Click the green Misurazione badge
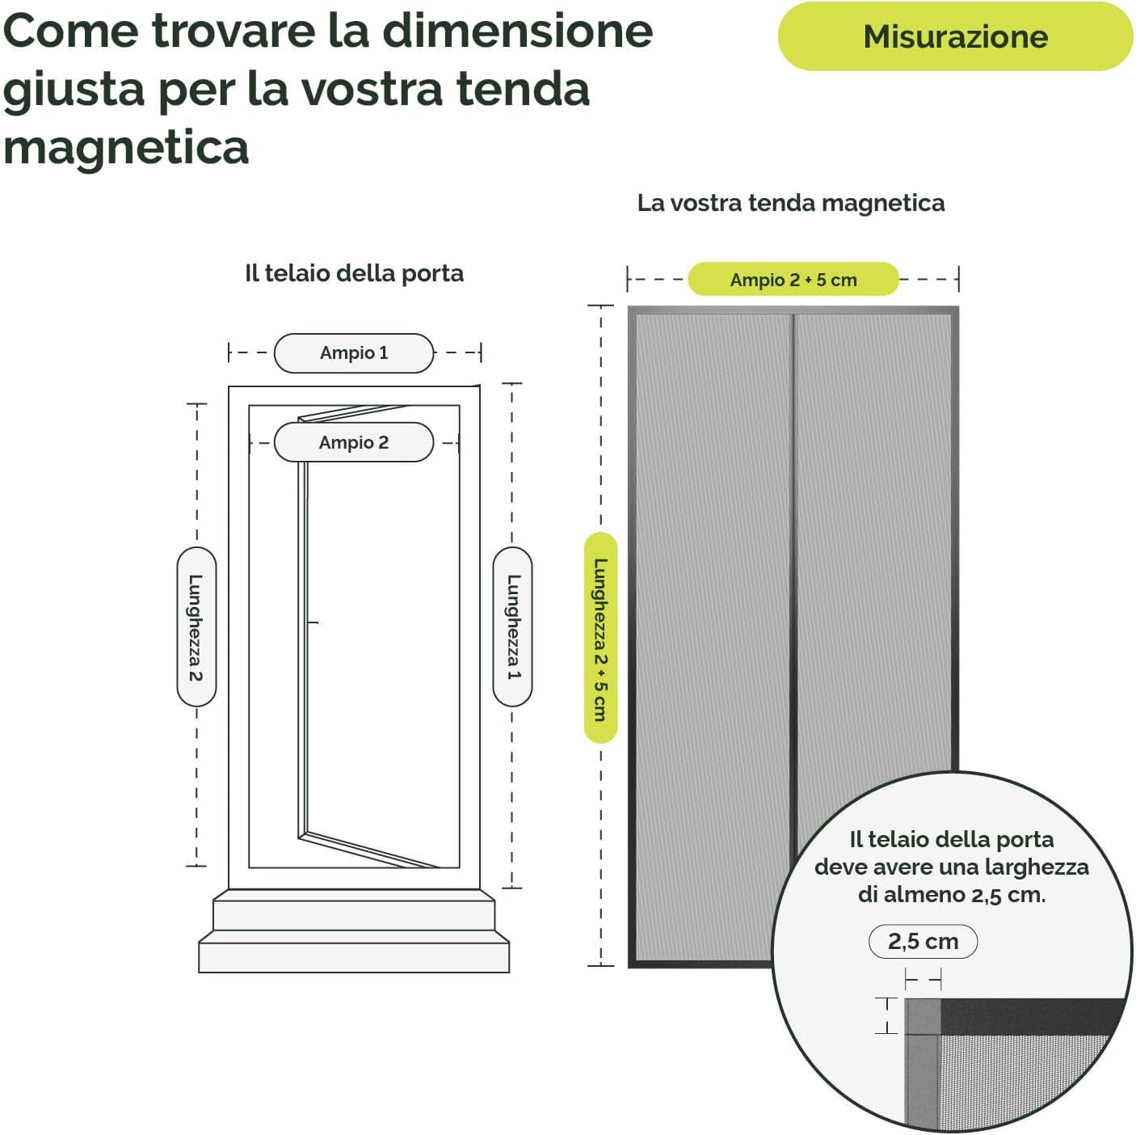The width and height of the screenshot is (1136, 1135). [x=955, y=36]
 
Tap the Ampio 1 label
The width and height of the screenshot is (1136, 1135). [x=354, y=352]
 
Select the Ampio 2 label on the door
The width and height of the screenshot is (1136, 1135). [x=354, y=442]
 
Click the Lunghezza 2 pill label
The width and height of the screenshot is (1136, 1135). [x=196, y=627]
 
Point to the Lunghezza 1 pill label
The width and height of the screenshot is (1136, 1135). [x=512, y=627]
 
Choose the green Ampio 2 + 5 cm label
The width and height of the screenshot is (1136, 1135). [x=793, y=280]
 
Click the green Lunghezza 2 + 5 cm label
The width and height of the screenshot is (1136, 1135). [x=600, y=638]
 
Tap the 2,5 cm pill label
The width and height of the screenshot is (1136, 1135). [x=923, y=941]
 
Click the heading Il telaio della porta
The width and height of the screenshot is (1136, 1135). [x=354, y=273]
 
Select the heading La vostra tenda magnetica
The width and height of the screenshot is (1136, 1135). [x=790, y=202]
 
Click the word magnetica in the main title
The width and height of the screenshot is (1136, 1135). [x=126, y=147]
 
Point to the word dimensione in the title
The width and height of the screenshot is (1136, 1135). [x=517, y=31]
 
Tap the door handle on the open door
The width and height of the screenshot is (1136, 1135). [x=313, y=622]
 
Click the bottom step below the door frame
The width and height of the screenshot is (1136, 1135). [x=354, y=956]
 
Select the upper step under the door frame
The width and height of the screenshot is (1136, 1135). [x=354, y=913]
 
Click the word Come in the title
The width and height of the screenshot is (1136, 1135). [x=71, y=31]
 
